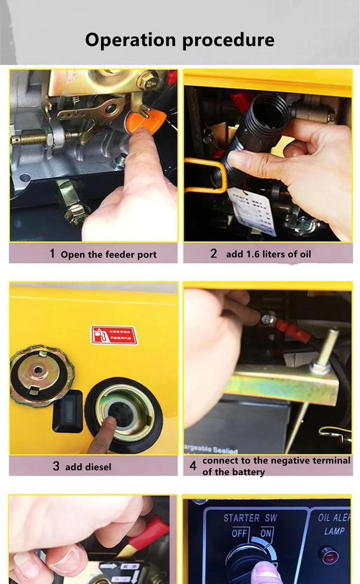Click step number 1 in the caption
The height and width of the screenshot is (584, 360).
point(52,253)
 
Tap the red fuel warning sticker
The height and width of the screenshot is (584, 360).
point(113,335)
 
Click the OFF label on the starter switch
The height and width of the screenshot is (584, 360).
point(239,534)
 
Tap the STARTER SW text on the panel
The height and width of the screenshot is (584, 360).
point(250,518)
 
